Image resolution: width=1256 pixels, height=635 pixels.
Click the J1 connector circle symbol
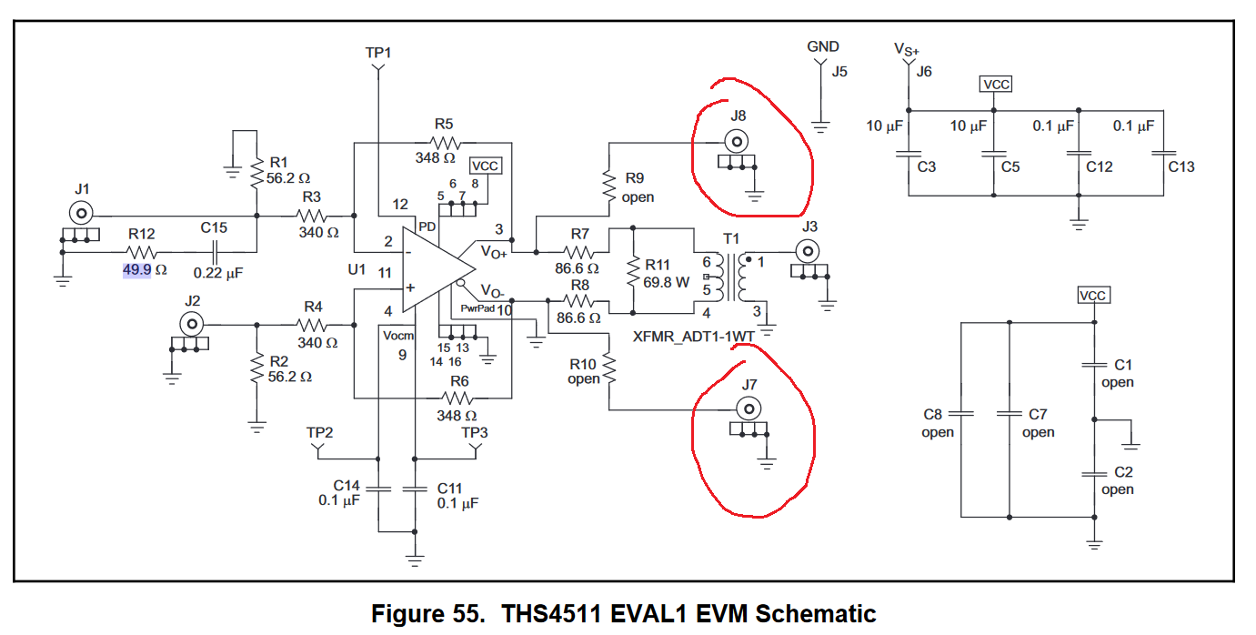pyautogui.click(x=81, y=213)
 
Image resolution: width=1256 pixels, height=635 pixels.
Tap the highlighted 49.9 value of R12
pyautogui.click(x=136, y=270)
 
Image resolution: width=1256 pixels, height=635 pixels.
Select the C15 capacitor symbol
pyautogui.click(x=215, y=252)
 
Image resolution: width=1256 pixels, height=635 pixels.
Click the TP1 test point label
pyautogui.click(x=378, y=53)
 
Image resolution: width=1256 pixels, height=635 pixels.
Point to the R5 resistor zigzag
pyautogui.click(x=446, y=143)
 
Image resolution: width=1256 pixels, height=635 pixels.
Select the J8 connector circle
pyautogui.click(x=737, y=141)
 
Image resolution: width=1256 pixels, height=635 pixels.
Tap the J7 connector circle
pyautogui.click(x=749, y=409)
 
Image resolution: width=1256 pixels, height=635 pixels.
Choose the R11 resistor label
pyautogui.click(x=658, y=265)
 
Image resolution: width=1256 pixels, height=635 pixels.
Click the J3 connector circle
pyautogui.click(x=808, y=251)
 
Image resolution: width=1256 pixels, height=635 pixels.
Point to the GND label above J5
pyautogui.click(x=822, y=46)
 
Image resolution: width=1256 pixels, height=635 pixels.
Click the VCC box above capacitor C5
pyautogui.click(x=996, y=84)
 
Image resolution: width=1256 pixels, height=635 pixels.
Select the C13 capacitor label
pyautogui.click(x=1181, y=167)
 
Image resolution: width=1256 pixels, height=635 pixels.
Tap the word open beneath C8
pyautogui.click(x=937, y=432)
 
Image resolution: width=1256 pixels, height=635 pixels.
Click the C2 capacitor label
pyautogui.click(x=1123, y=472)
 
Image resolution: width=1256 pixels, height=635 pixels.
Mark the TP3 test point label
pyautogui.click(x=475, y=432)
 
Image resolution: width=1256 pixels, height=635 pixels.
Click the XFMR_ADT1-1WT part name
pyautogui.click(x=693, y=337)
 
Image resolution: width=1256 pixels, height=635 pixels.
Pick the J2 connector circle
pyautogui.click(x=192, y=324)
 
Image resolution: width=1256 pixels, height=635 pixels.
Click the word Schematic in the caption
pyautogui.click(x=815, y=614)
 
